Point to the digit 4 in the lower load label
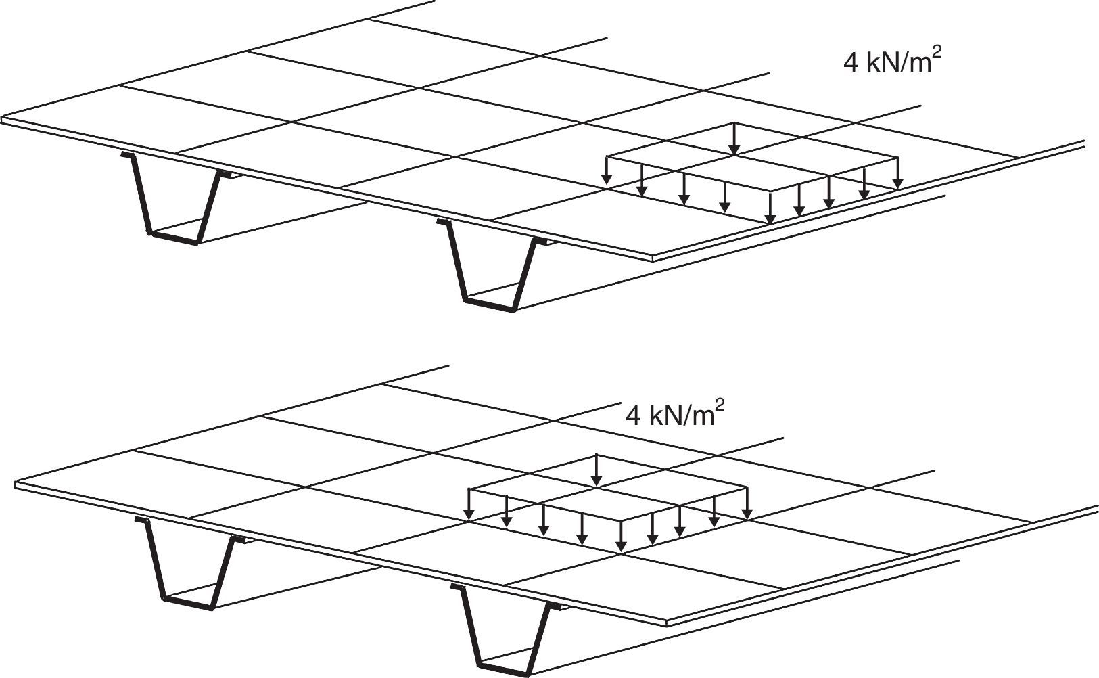pyautogui.click(x=633, y=415)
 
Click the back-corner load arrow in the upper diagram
pyautogui.click(x=736, y=139)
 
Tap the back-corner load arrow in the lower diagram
pyautogui.click(x=596, y=470)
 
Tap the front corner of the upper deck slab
pyautogui.click(x=652, y=258)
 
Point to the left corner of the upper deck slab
pyautogui.click(x=4, y=120)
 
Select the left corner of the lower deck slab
pyautogui.click(x=18, y=484)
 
